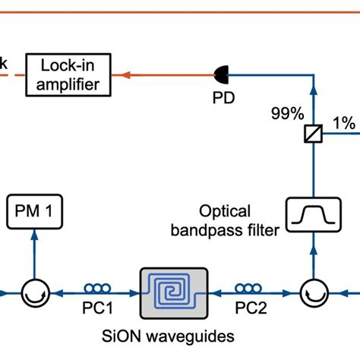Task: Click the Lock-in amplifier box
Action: pos(69,74)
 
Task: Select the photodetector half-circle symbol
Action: pos(219,74)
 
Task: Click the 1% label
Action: pos(343,121)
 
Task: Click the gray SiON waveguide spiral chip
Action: pos(172,291)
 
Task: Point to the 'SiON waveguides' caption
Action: pos(173,335)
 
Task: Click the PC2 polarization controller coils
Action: pos(249,289)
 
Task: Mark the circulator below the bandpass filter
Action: pos(310,291)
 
